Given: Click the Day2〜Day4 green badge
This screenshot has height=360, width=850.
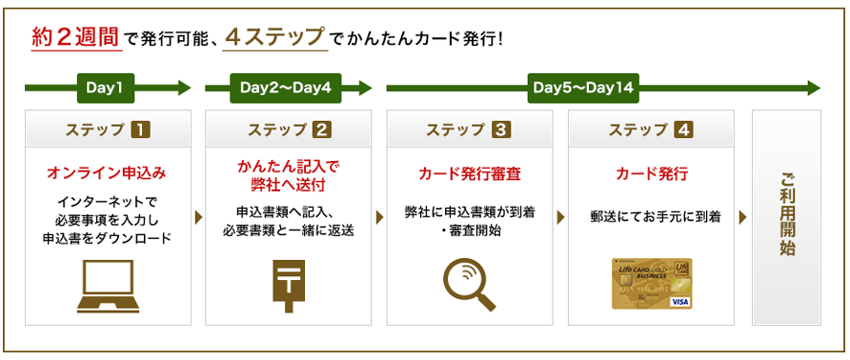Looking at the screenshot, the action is click(286, 88).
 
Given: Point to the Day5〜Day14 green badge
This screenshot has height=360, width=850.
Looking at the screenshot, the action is click(583, 88).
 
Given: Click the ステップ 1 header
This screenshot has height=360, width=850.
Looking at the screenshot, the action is click(108, 130).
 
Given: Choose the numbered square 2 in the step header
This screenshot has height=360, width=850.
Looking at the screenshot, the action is click(322, 130).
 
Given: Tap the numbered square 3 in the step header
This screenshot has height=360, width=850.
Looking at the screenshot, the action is click(498, 130).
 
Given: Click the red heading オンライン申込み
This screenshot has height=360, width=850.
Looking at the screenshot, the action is click(107, 174).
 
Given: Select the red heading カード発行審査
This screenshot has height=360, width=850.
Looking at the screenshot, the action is click(470, 174).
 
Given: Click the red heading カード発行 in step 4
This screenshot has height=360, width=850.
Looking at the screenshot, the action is click(652, 174).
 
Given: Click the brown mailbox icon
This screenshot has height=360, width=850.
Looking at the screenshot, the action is click(289, 286).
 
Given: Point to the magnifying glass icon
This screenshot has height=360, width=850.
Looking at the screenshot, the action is click(470, 285).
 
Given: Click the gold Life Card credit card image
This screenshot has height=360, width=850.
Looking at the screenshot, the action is click(652, 284).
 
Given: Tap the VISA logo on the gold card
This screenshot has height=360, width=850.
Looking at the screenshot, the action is click(678, 302).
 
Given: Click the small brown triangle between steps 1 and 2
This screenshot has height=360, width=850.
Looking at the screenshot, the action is click(199, 217).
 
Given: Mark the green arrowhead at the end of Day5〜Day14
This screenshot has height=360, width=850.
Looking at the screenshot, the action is click(814, 88).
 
